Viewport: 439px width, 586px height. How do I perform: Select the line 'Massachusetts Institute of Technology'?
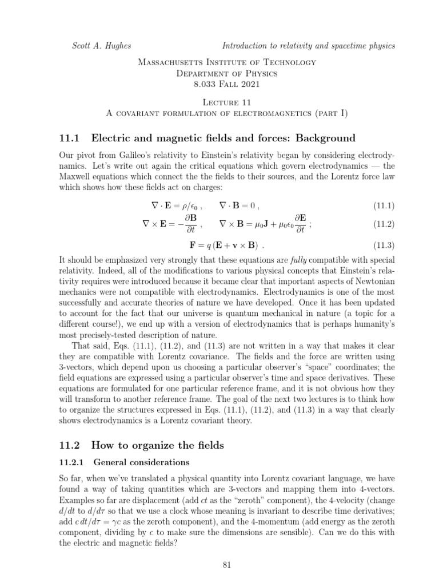click(227, 62)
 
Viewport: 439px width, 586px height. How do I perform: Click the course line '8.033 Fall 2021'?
click(227, 84)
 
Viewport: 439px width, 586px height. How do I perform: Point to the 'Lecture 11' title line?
click(227, 101)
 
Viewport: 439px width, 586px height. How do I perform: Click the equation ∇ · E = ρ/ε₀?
click(173, 205)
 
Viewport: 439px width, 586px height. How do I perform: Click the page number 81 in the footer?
click(226, 565)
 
